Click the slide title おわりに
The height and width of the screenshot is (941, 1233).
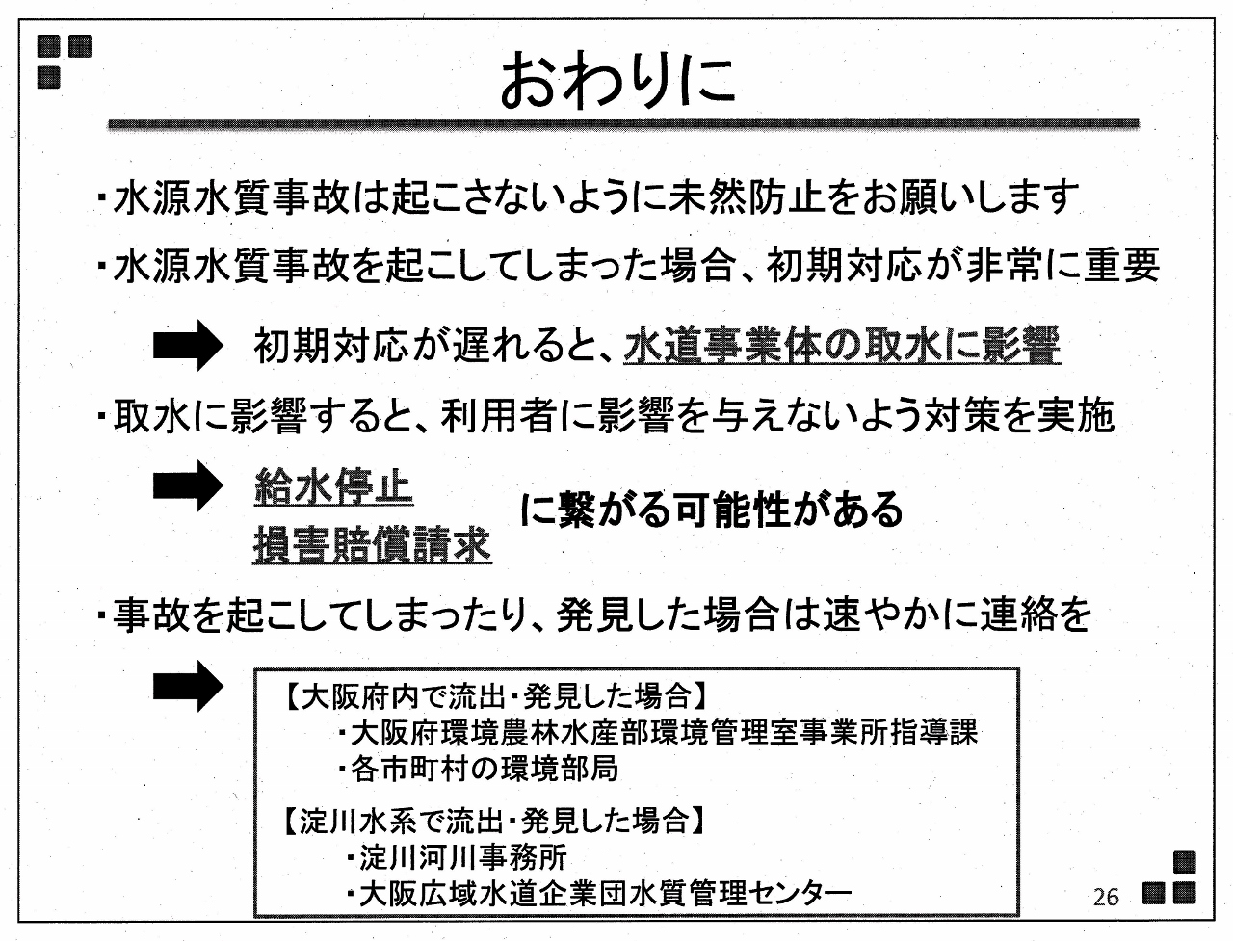617,80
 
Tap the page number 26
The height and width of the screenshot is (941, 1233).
1106,897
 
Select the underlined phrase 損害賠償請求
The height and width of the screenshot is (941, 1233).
373,545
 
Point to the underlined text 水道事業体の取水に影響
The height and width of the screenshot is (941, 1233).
842,346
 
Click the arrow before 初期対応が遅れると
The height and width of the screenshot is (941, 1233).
188,346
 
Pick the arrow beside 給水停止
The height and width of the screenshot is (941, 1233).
188,486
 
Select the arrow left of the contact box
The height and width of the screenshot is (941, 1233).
188,686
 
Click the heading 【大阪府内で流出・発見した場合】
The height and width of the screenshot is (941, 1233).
494,697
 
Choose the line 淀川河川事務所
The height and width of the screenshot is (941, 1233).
458,857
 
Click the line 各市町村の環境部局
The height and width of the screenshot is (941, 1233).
479,769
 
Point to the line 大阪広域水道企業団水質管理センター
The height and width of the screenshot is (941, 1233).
599,893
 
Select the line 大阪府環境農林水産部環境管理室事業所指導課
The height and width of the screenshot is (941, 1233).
658,733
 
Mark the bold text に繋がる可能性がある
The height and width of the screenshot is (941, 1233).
712,510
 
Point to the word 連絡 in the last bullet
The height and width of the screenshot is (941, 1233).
1017,614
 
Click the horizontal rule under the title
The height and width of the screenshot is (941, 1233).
623,124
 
